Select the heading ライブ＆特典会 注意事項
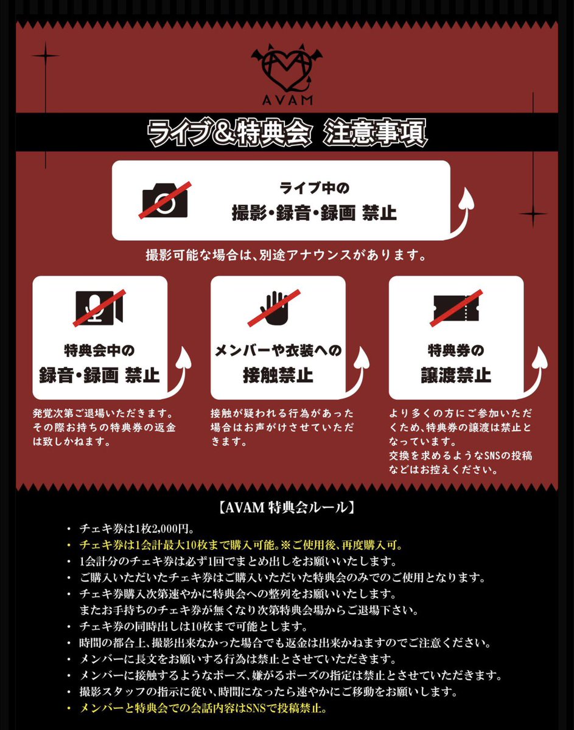coord(287,133)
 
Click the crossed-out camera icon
coord(165,200)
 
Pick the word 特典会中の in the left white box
coord(99,351)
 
